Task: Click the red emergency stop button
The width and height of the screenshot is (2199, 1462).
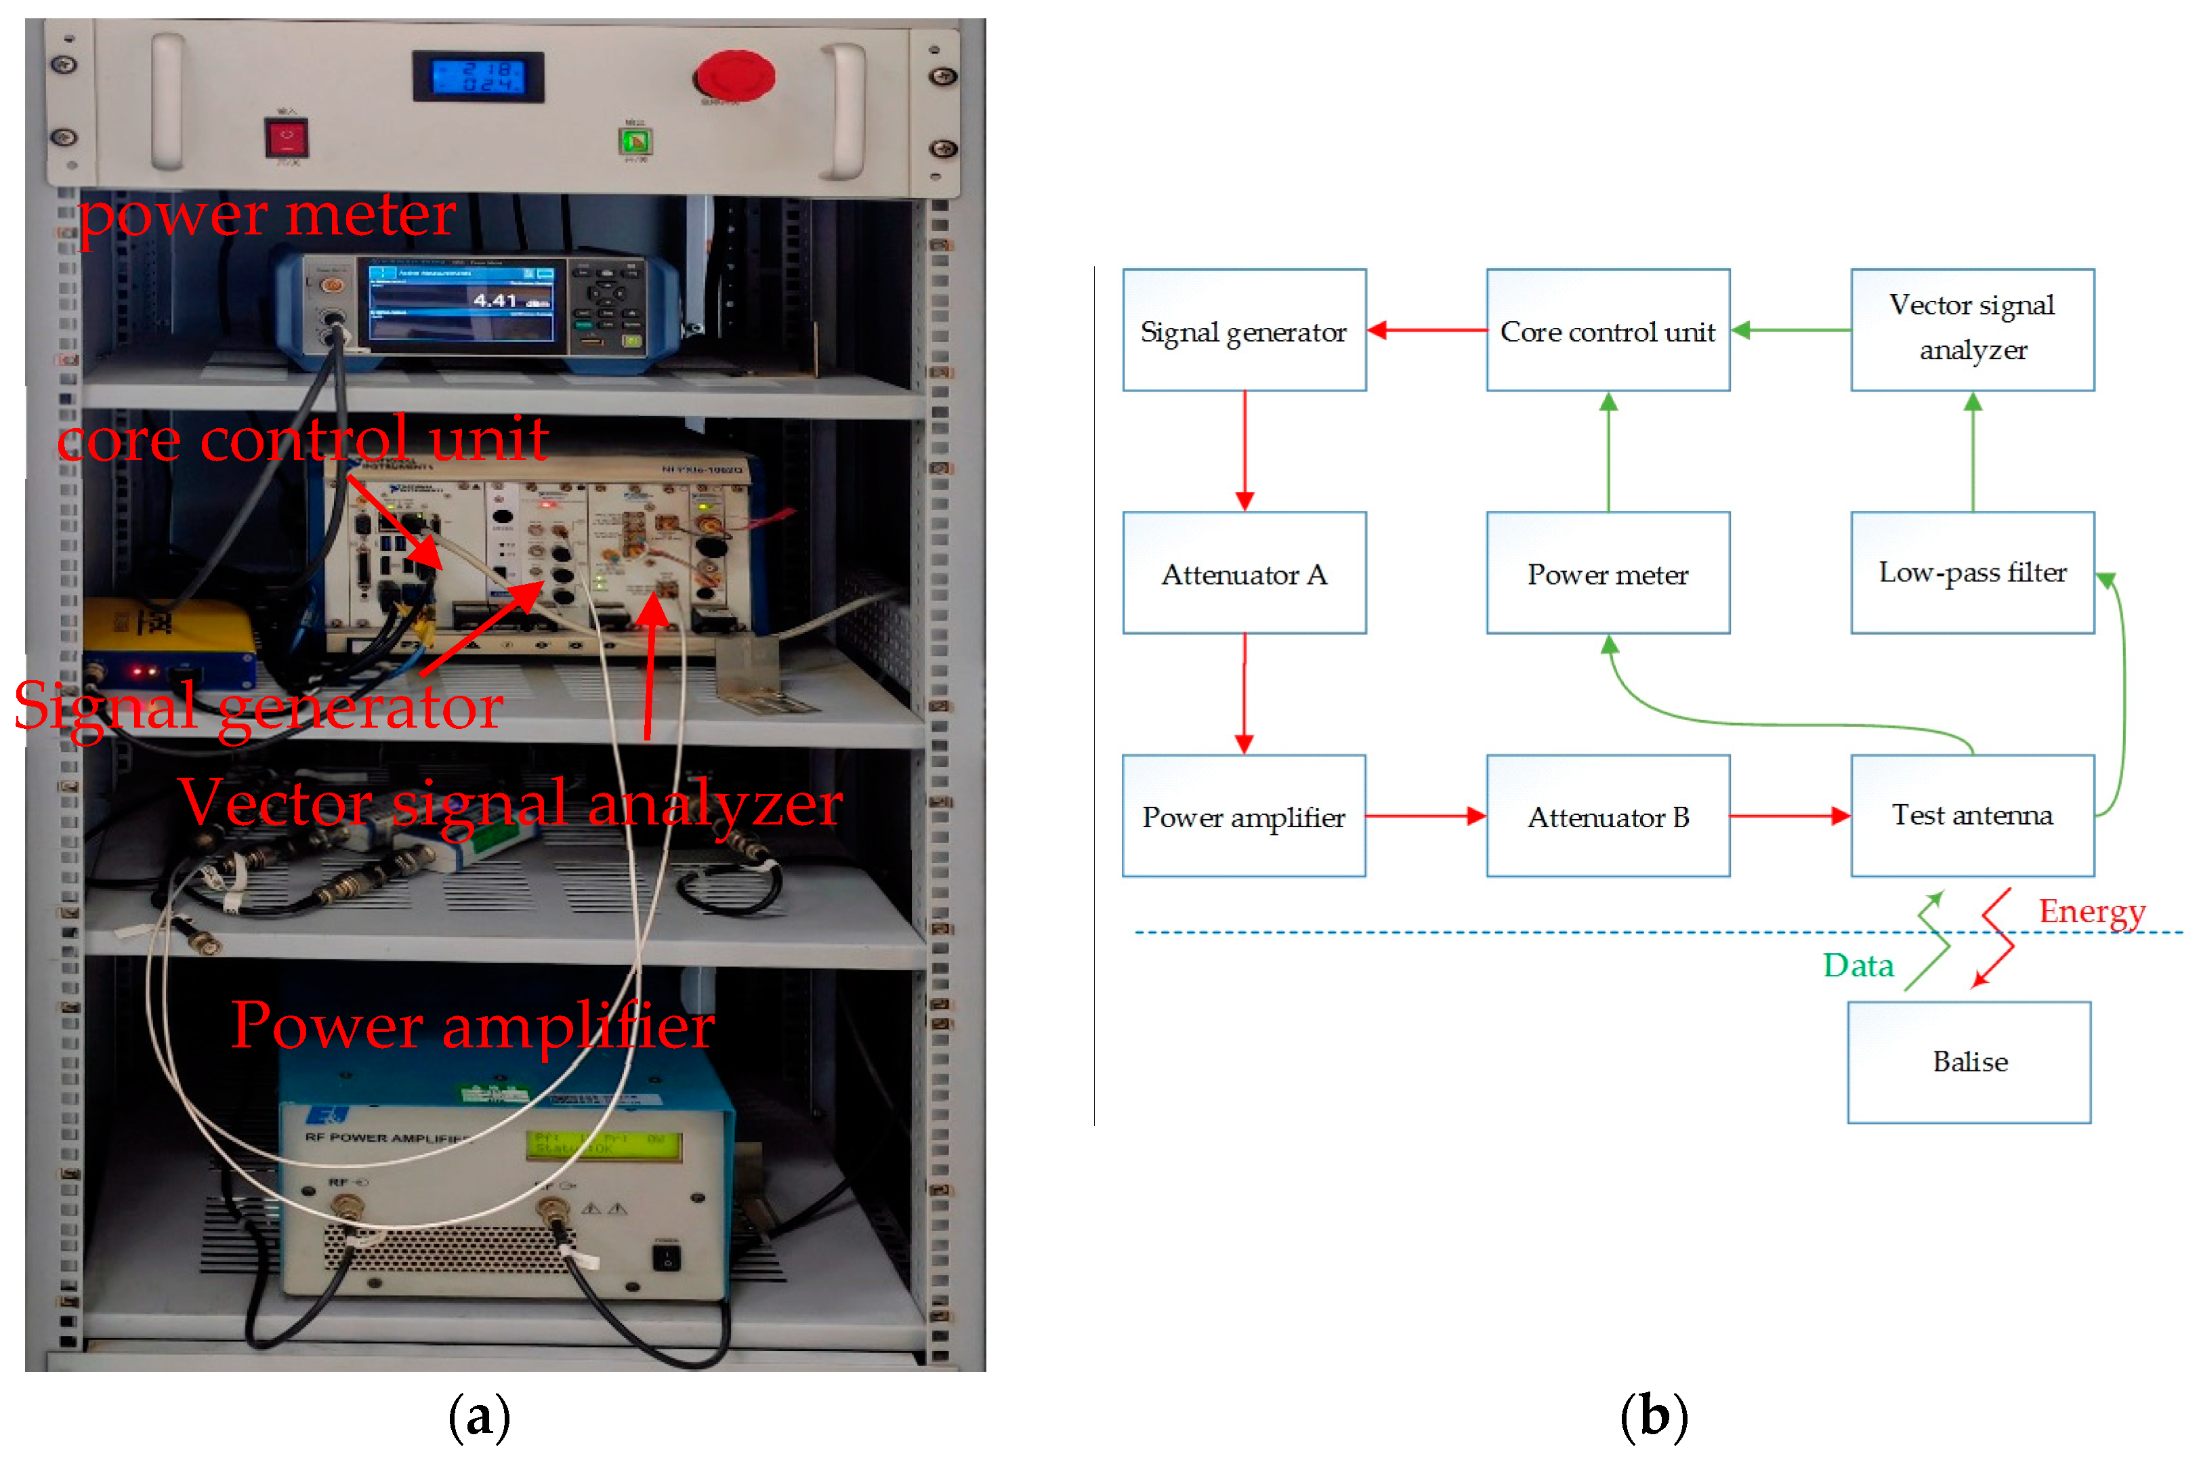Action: (734, 75)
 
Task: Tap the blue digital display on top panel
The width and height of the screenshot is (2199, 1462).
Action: (478, 77)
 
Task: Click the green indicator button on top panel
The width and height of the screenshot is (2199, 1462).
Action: (635, 142)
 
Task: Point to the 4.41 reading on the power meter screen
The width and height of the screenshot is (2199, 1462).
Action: (495, 300)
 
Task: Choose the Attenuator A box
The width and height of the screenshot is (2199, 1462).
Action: (1244, 572)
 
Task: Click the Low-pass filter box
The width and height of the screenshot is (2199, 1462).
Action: (1971, 572)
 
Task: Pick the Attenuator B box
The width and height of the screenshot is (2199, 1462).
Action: (1607, 816)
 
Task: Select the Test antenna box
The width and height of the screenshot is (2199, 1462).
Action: (1971, 816)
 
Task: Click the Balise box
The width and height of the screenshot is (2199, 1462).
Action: (1968, 1062)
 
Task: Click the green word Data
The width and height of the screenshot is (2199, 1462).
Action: (1857, 965)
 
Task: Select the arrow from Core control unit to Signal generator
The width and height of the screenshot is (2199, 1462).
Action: (1426, 330)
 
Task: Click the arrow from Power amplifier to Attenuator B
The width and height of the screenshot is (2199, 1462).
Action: (1425, 816)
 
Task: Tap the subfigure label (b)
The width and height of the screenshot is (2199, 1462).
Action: (1653, 1417)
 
